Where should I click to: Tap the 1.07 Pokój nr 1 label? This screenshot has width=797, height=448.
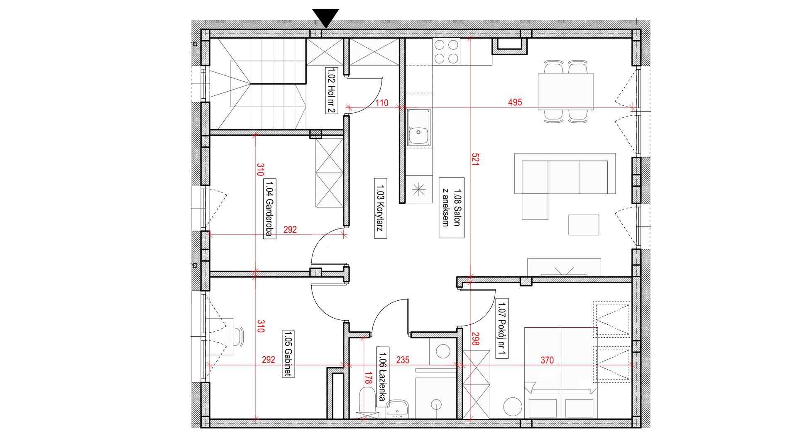503,329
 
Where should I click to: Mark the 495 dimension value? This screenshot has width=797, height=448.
515,102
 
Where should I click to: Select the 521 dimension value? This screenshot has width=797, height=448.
476,160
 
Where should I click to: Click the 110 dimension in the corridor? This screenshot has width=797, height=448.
383,102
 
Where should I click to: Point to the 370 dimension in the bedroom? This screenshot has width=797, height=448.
547,360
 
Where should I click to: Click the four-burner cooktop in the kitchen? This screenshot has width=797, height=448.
446,51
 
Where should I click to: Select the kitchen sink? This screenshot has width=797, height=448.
418,127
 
